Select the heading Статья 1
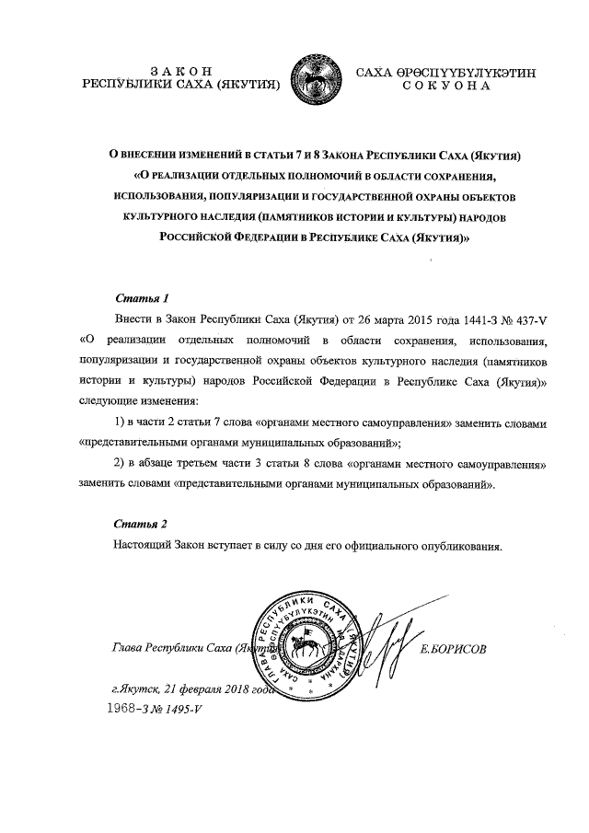point(142,299)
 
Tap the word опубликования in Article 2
point(462,546)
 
